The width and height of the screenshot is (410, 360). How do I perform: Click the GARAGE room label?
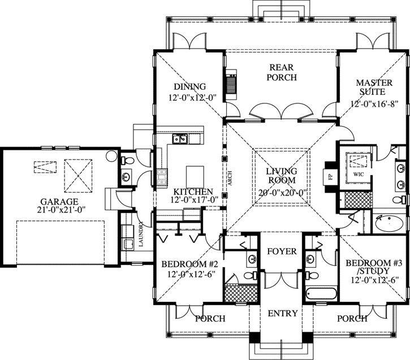[x=59, y=202]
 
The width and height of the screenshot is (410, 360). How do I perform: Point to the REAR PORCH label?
[x=281, y=72]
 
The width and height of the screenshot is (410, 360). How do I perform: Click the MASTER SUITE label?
[x=370, y=87]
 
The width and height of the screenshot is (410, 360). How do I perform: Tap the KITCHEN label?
[x=193, y=192]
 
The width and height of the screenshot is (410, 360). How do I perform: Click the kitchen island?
[x=194, y=174]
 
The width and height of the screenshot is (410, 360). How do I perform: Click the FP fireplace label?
[x=328, y=177]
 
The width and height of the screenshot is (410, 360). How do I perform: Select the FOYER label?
[x=281, y=251]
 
